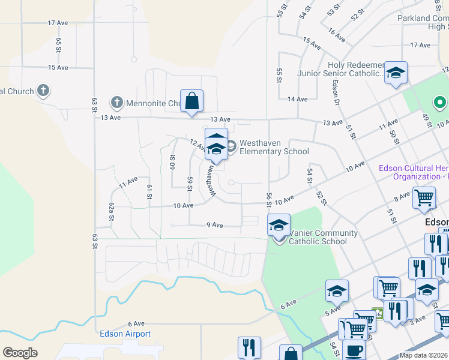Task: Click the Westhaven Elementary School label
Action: [x=274, y=148]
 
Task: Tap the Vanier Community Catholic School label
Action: [x=323, y=237]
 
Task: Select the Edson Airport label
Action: [x=125, y=334]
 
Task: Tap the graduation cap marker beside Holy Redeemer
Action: [x=396, y=73]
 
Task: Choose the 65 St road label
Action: [x=59, y=46]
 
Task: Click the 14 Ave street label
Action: [x=298, y=99]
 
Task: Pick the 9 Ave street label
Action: [x=214, y=225]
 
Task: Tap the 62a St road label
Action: [x=112, y=212]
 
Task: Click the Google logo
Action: [x=20, y=353]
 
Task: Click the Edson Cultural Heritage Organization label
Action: [x=414, y=172]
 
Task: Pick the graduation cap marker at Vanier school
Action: [x=279, y=225]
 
